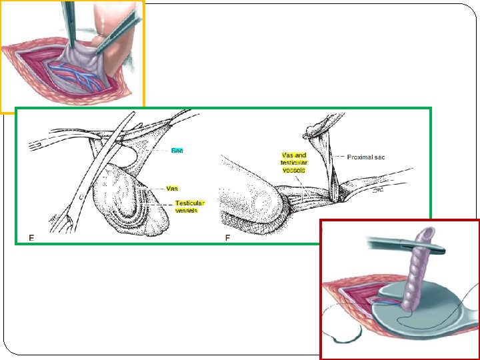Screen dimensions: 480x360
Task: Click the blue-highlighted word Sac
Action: pos(177,151)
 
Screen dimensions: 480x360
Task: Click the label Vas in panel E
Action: pos(172,189)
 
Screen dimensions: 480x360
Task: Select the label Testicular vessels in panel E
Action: pos(189,207)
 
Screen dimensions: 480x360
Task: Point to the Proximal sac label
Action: pos(366,157)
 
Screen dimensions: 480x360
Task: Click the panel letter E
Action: pos(31,237)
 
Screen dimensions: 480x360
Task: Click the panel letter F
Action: pos(228,237)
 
